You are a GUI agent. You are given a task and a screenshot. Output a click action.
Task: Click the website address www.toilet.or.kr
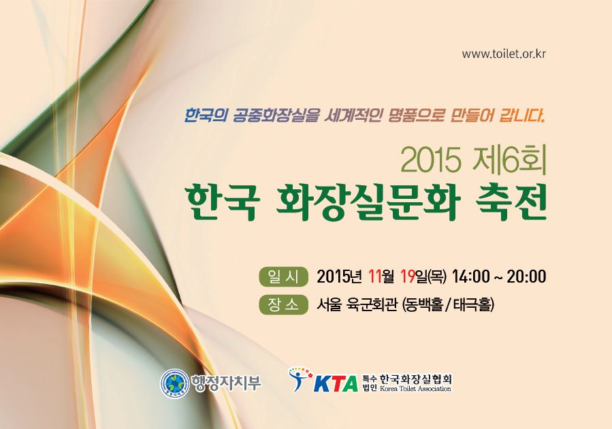pos(504,54)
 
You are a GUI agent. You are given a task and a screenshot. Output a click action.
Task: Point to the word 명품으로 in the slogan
pos(417,116)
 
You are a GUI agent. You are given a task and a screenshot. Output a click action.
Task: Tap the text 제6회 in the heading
pos(508,161)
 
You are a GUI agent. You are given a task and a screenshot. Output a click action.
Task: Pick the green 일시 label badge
pos(284,276)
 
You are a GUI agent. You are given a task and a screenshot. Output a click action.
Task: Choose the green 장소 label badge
pos(284,305)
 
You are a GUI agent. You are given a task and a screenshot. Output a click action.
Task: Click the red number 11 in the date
pos(375,276)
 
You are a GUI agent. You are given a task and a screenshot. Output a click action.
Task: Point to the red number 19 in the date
pos(408,276)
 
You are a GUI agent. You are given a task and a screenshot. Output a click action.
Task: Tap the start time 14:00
pos(470,276)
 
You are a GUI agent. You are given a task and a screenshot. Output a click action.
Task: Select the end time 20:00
pos(526,276)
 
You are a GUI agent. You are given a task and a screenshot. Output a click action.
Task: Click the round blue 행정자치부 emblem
pos(174,383)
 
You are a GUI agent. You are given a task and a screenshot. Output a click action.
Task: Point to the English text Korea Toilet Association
pos(415,389)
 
